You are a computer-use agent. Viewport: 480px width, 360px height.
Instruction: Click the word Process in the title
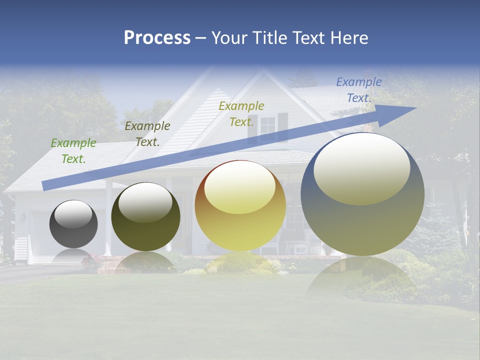[157, 38]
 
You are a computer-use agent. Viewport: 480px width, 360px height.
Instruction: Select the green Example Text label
[73, 151]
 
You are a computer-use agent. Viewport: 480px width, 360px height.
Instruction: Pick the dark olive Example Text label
[147, 134]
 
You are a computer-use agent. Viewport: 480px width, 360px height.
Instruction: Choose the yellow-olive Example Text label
[241, 114]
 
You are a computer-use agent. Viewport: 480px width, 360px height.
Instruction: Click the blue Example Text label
[359, 90]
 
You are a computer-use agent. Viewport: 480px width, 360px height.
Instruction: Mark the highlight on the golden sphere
[240, 187]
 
